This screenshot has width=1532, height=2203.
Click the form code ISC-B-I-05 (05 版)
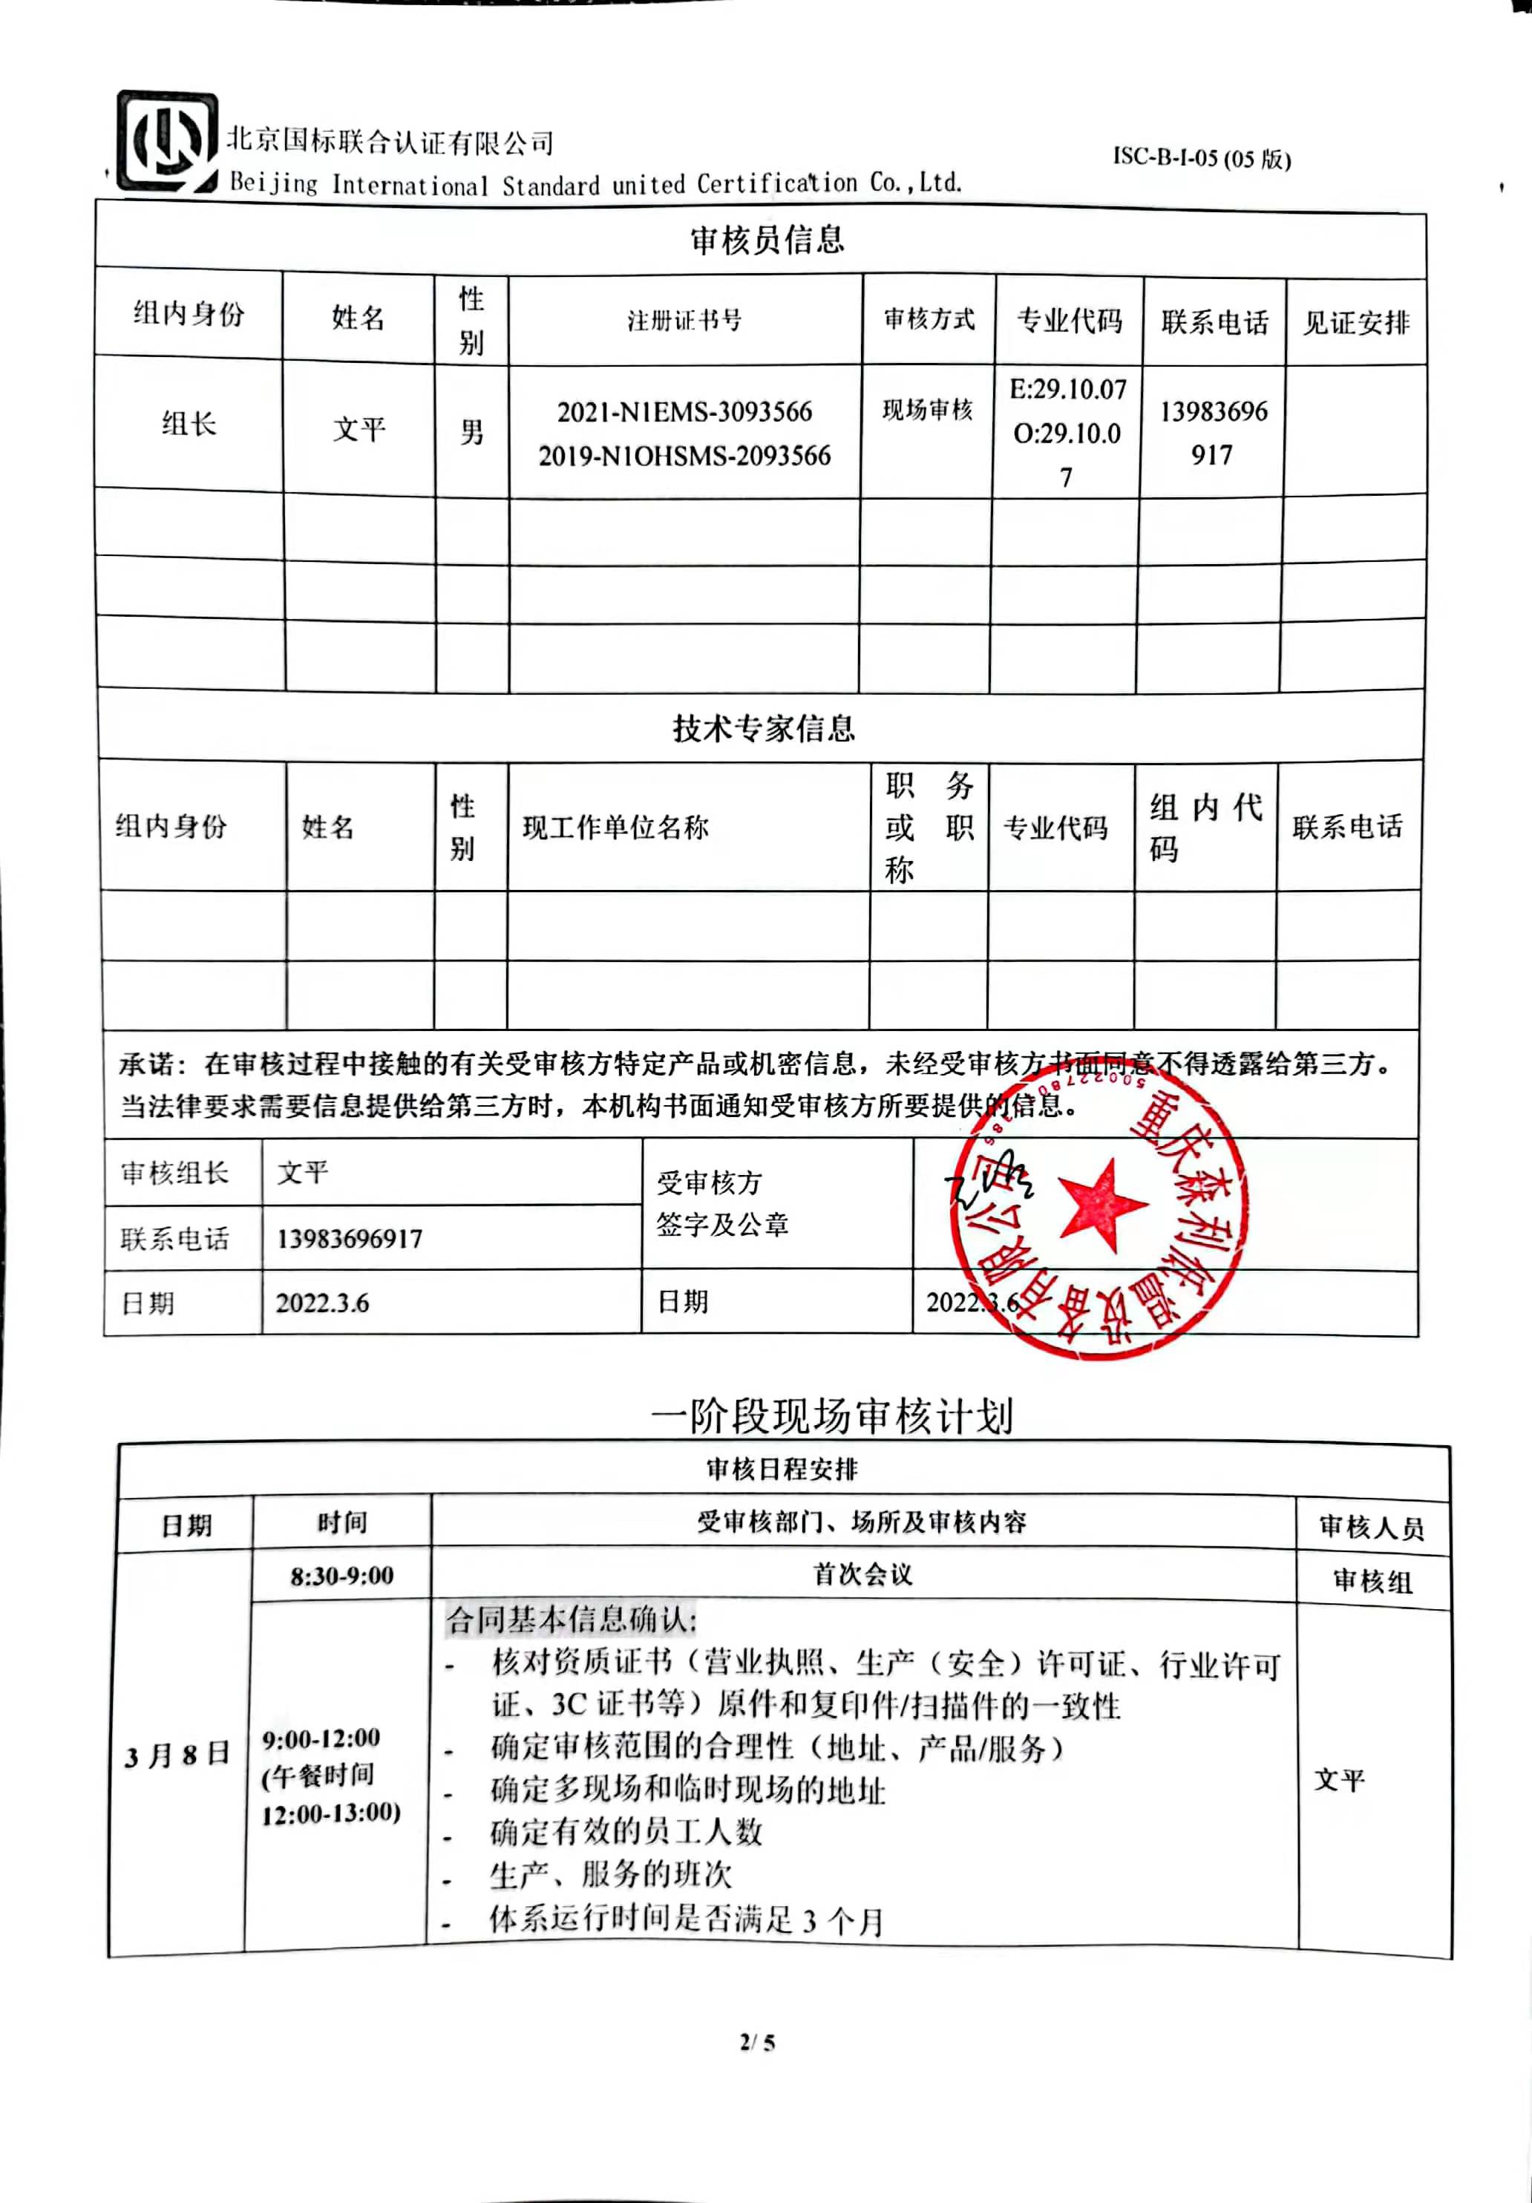pyautogui.click(x=1201, y=158)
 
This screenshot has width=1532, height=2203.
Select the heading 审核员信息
pyautogui.click(x=767, y=239)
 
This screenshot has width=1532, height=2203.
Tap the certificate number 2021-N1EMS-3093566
pyautogui.click(x=684, y=412)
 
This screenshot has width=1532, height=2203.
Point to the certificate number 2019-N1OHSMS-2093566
pyautogui.click(x=684, y=456)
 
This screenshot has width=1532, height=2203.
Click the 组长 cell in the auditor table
pyautogui.click(x=189, y=423)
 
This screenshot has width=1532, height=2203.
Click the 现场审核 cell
pyautogui.click(x=928, y=410)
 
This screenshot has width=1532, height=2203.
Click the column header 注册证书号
pyautogui.click(x=684, y=321)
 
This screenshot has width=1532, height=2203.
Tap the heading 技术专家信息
pyautogui.click(x=764, y=728)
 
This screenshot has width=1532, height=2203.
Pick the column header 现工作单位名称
pyautogui.click(x=615, y=827)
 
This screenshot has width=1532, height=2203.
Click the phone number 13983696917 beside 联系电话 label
pyautogui.click(x=349, y=1239)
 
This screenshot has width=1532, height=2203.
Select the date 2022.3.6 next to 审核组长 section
pyautogui.click(x=322, y=1303)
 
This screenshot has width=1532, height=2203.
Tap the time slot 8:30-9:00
pyautogui.click(x=341, y=1576)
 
